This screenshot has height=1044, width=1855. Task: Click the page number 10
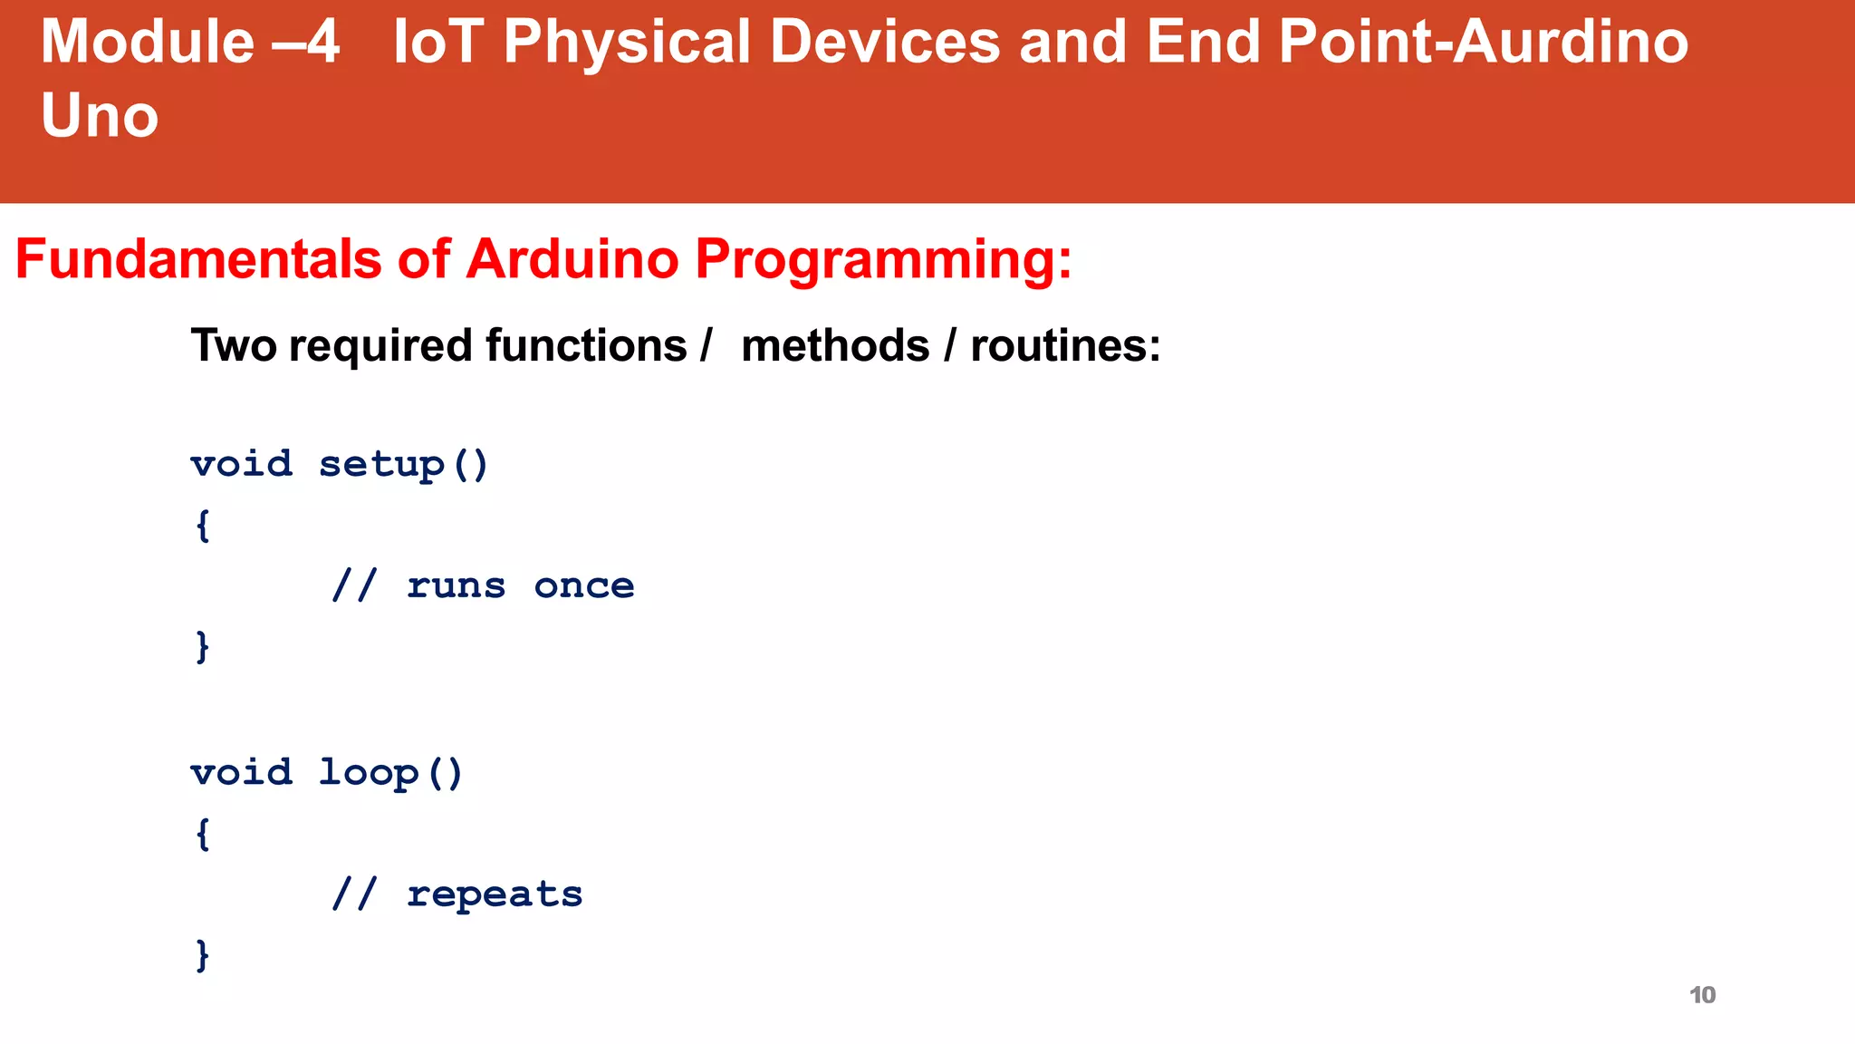pos(1702,995)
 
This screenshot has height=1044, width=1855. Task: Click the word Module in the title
pos(148,43)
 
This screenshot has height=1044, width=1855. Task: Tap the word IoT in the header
pos(437,43)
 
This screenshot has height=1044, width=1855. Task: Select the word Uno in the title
pos(100,117)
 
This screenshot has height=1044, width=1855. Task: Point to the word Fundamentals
pos(198,259)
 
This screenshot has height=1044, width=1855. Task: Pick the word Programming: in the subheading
pos(883,261)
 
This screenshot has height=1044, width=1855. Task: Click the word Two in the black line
pos(234,346)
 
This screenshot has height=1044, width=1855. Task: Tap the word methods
pos(835,346)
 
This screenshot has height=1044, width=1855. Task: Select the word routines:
pos(1065,346)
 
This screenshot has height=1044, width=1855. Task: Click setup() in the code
pos(403,465)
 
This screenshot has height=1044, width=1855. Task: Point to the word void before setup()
pos(241,465)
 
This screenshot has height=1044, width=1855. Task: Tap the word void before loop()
pos(241,773)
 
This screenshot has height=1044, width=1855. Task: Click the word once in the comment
pos(583,586)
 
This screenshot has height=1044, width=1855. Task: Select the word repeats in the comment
pos(494,895)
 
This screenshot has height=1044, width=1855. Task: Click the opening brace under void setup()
pos(203,526)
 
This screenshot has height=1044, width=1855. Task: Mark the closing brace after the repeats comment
pos(203,955)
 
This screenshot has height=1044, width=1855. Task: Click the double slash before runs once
pos(353,586)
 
